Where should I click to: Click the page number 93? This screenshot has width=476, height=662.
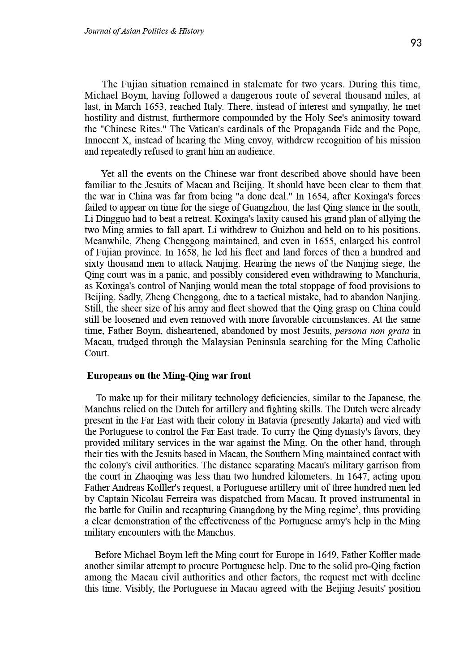tap(416, 43)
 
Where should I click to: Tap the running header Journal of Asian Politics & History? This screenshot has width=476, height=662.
tap(144, 31)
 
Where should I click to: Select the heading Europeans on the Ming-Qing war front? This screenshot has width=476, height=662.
tap(169, 376)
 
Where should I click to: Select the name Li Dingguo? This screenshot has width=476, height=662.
tap(107, 219)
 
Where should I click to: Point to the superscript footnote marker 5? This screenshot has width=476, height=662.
tap(356, 507)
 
